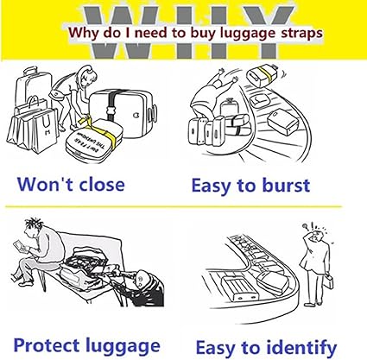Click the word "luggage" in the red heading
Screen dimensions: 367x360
point(247,34)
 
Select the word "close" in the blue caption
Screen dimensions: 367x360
point(102,185)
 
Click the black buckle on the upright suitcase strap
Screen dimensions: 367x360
point(111,111)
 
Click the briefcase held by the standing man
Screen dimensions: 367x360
point(329,281)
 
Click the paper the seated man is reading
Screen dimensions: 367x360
point(22,247)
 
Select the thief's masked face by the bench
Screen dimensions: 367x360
point(141,280)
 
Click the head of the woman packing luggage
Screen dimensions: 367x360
point(88,75)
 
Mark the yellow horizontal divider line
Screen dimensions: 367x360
point(174,206)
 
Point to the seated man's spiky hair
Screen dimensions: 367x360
point(33,223)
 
